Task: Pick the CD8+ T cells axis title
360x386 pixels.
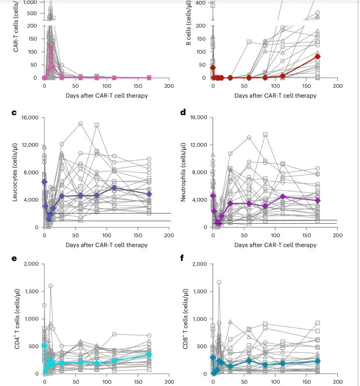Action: pos(183,319)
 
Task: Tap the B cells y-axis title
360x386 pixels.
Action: pos(183,39)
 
